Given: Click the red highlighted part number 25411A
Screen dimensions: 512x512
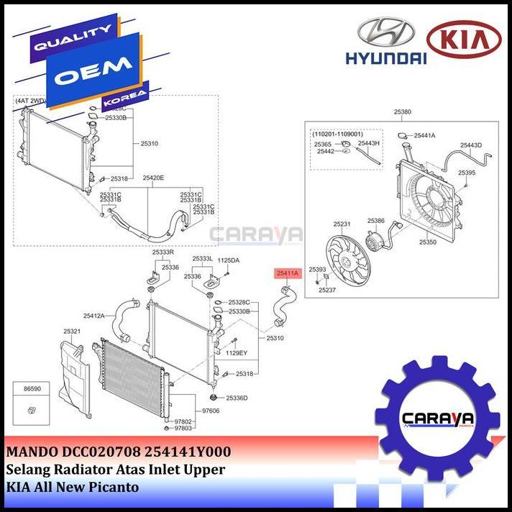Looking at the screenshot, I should click(x=285, y=273).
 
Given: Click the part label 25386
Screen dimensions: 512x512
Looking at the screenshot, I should click(x=376, y=221).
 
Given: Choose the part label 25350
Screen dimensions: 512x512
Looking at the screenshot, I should click(x=428, y=242).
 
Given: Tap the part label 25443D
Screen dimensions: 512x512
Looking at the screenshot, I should click(x=471, y=145).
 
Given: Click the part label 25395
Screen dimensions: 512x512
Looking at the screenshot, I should click(x=467, y=173).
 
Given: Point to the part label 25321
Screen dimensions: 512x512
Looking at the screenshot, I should click(x=72, y=332).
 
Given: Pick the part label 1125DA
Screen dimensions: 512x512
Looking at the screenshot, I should click(x=229, y=260).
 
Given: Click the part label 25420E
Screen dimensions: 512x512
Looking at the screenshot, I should click(x=153, y=178).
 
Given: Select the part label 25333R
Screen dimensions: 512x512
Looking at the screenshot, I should click(x=163, y=252).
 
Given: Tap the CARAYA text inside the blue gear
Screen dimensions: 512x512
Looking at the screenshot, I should click(x=436, y=419).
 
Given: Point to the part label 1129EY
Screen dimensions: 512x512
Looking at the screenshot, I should click(x=237, y=353).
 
